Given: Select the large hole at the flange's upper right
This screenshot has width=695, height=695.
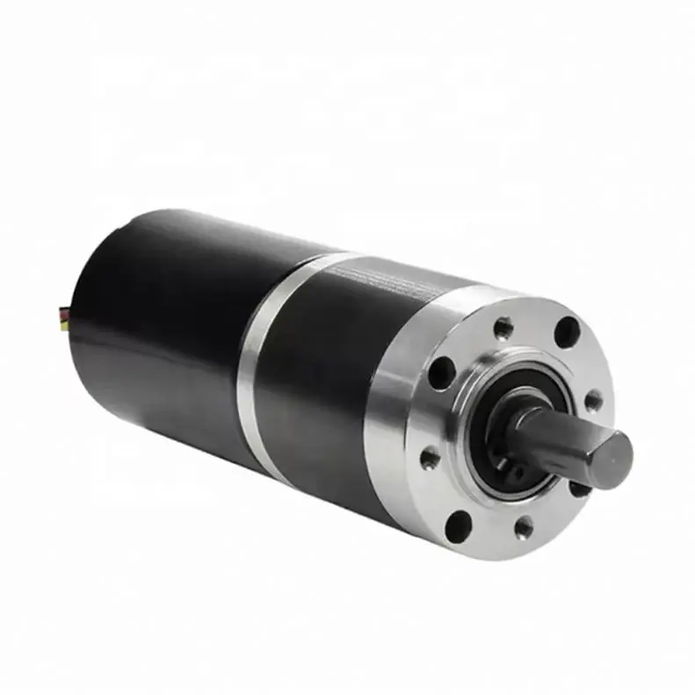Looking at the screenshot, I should coord(568,332).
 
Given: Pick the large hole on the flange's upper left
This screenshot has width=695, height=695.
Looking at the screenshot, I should coord(440,373).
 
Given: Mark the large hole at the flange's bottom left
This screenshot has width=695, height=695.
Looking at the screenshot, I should coord(458,524).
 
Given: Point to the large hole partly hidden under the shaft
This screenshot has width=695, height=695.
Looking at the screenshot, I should coord(579,486).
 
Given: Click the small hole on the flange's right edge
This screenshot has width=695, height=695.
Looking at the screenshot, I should coord(595,401).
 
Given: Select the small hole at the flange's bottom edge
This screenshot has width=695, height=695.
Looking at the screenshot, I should coord(525,527).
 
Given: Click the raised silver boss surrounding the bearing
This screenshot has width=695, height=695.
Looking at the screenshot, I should coord(474,413).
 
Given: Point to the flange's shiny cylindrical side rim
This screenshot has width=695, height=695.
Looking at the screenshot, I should coord(387,439).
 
